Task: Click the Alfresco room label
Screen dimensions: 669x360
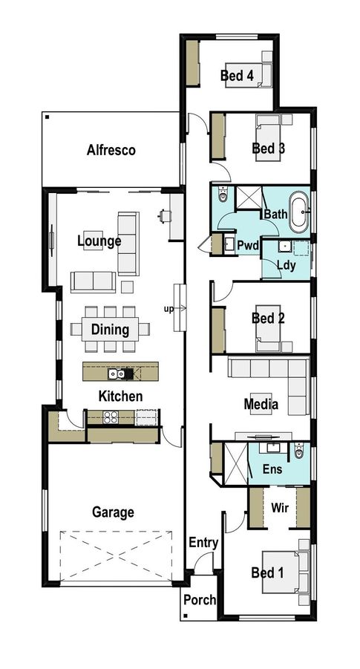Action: tap(111, 150)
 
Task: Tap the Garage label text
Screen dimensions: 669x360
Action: tap(113, 512)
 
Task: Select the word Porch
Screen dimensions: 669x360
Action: tap(198, 600)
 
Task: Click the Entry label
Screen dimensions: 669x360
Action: tap(203, 543)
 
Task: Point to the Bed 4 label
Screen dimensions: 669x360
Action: tap(237, 76)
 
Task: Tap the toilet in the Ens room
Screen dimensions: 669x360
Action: tap(299, 450)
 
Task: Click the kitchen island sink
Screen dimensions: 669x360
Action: tap(117, 373)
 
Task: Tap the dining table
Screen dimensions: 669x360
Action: tap(110, 328)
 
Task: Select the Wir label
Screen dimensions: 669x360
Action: tap(279, 508)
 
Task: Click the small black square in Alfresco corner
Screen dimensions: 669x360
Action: tap(47, 117)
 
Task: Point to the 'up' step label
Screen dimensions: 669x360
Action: tap(168, 307)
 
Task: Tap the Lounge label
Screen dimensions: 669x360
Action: tap(99, 241)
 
